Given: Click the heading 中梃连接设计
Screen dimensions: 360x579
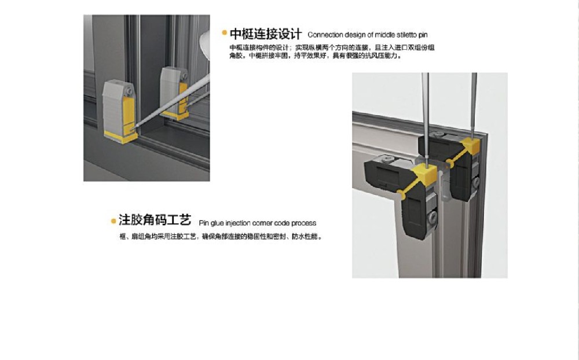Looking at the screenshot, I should pyautogui.click(x=266, y=34).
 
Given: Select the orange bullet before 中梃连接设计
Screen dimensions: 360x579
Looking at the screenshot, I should pyautogui.click(x=224, y=33).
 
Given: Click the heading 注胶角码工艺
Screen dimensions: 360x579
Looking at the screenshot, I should pyautogui.click(x=155, y=221).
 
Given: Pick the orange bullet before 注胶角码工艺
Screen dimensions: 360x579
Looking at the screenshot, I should pyautogui.click(x=113, y=221).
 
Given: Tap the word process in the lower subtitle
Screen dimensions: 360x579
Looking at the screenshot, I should pyautogui.click(x=304, y=223).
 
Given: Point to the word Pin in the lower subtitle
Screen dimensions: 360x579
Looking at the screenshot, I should pyautogui.click(x=204, y=223).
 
